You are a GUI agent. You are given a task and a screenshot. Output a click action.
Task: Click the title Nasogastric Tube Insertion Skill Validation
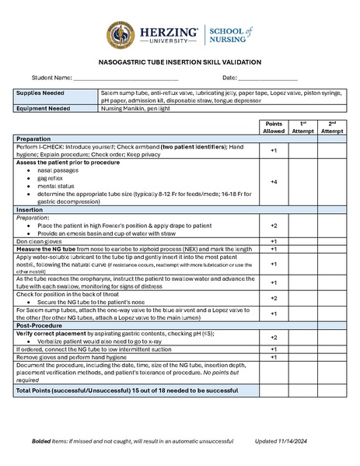click(180, 62)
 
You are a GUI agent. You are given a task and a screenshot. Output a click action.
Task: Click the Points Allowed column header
click(274, 128)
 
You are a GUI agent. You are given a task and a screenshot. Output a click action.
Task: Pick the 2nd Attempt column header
click(332, 128)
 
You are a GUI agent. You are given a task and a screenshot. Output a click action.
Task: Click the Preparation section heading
click(34, 138)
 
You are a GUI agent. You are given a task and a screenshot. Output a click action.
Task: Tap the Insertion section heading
click(30, 210)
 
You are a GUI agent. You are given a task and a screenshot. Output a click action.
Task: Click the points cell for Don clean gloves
click(274, 241)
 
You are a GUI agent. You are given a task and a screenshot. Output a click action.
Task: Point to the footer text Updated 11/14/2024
click(285, 441)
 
